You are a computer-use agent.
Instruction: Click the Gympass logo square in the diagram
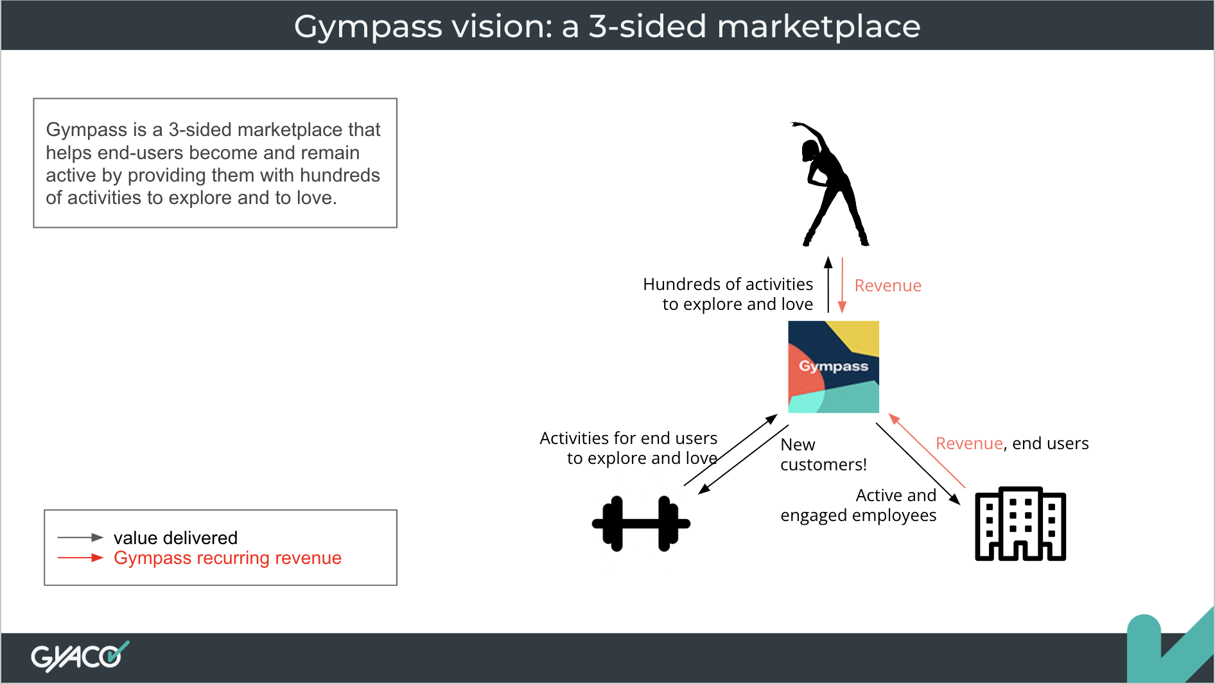834,366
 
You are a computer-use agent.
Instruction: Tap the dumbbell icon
641,524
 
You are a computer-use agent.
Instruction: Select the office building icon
1020,524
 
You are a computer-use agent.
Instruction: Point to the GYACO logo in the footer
80,656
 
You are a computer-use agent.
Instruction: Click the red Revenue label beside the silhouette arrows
887,286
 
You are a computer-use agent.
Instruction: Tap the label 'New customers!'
823,454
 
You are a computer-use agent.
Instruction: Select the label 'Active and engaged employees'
859,506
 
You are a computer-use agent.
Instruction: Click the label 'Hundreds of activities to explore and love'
728,294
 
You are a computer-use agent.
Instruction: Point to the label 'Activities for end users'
629,438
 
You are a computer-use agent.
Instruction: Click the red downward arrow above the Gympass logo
842,286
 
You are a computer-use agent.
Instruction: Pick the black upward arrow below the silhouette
828,284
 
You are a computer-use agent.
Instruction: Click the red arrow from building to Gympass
927,451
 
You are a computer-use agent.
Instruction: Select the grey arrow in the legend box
80,537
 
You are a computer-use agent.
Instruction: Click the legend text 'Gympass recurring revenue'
227,558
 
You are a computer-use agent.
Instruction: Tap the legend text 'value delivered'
175,538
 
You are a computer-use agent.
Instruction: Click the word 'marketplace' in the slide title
819,27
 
